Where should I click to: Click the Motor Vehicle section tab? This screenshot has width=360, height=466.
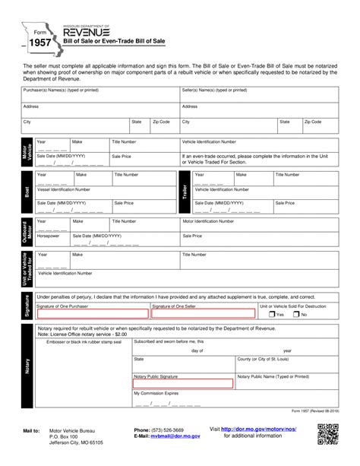click(27, 152)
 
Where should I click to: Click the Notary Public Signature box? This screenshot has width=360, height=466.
click(182, 384)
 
